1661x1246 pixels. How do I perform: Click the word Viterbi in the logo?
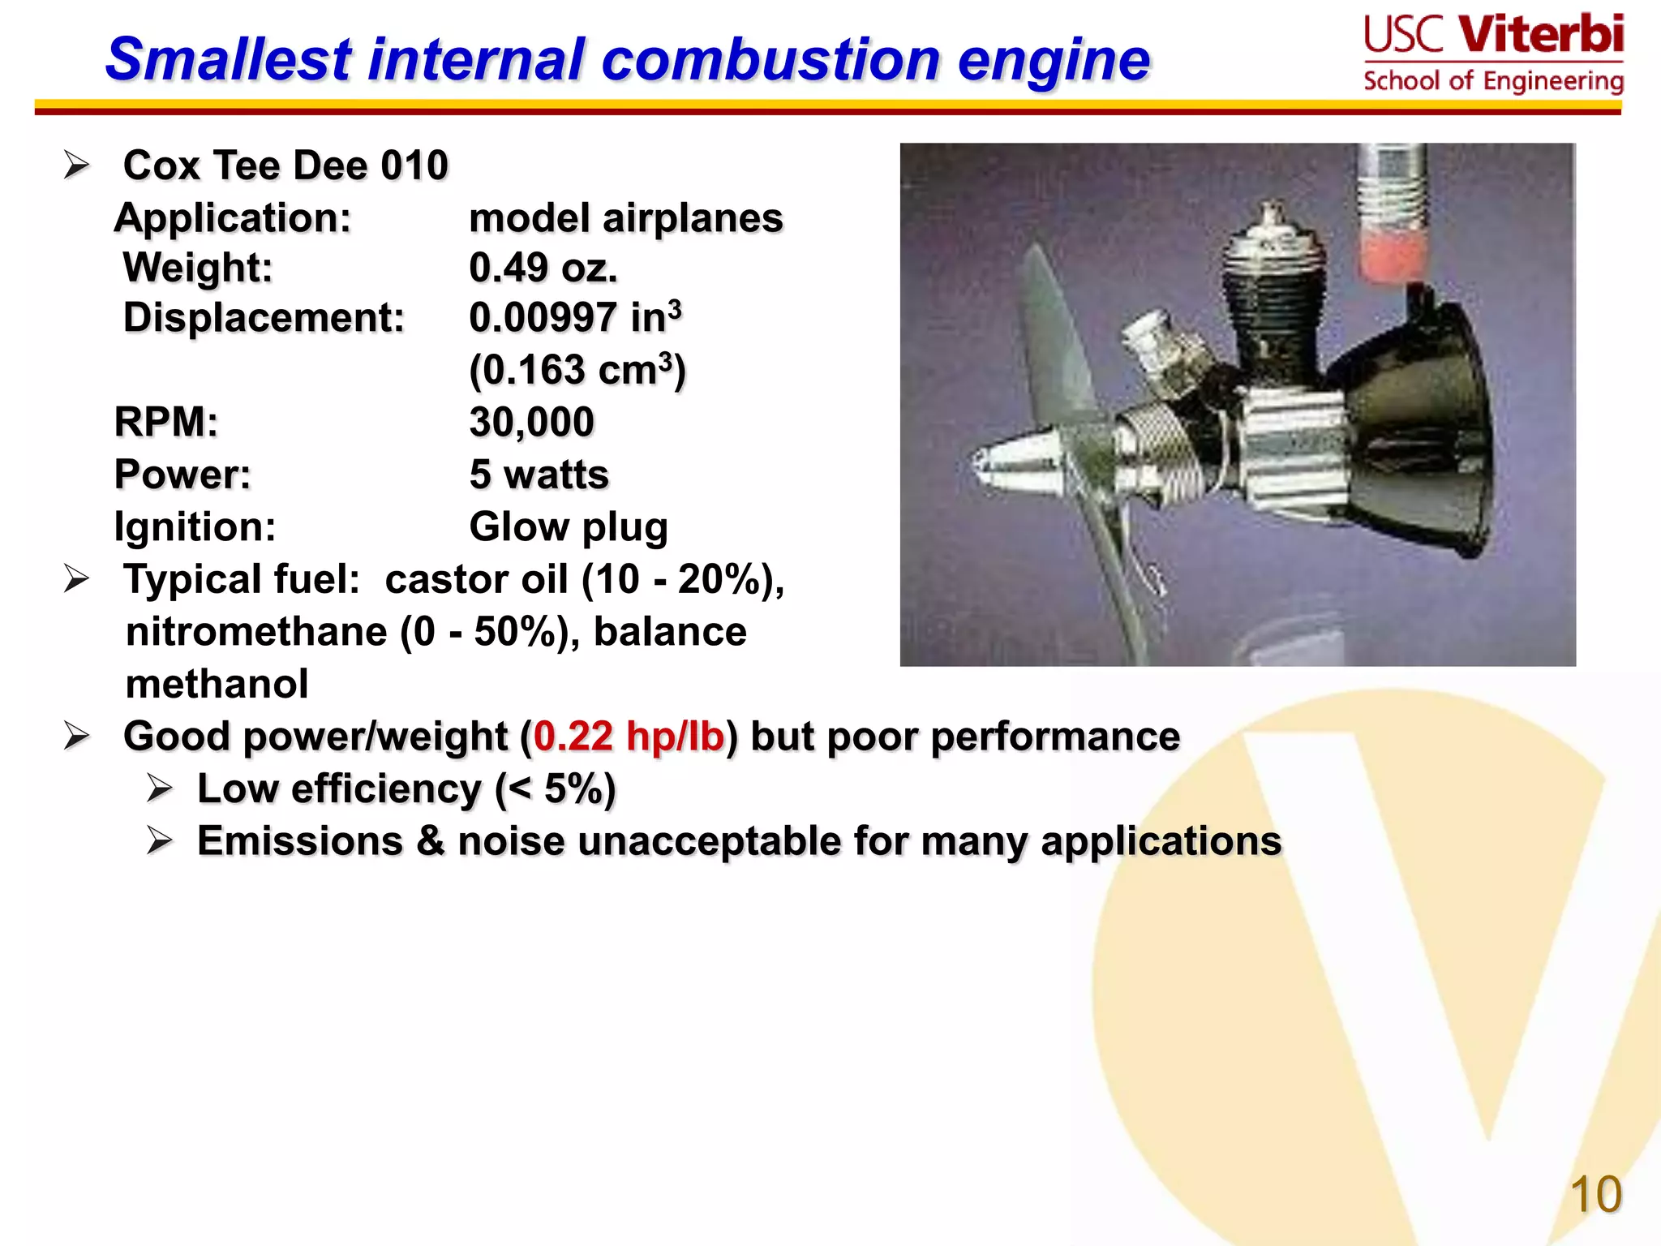tap(1540, 35)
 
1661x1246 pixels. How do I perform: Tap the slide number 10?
tap(1595, 1194)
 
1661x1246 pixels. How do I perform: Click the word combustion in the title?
tap(771, 60)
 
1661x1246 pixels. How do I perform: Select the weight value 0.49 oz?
tap(543, 268)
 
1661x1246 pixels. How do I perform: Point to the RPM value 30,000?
tap(531, 422)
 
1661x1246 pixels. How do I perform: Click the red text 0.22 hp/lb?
tap(629, 737)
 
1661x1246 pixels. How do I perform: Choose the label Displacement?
tap(264, 317)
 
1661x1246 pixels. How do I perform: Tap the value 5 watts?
tap(539, 475)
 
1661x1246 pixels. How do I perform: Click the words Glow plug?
tap(569, 527)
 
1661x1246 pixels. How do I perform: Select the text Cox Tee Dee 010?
tap(285, 165)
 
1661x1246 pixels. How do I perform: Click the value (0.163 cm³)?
tap(577, 370)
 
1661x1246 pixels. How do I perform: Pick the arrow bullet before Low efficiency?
tap(160, 789)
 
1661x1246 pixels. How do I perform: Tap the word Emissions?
tap(300, 841)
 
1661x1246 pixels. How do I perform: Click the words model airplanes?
tap(626, 218)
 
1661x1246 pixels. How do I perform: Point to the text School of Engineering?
tap(1493, 81)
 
